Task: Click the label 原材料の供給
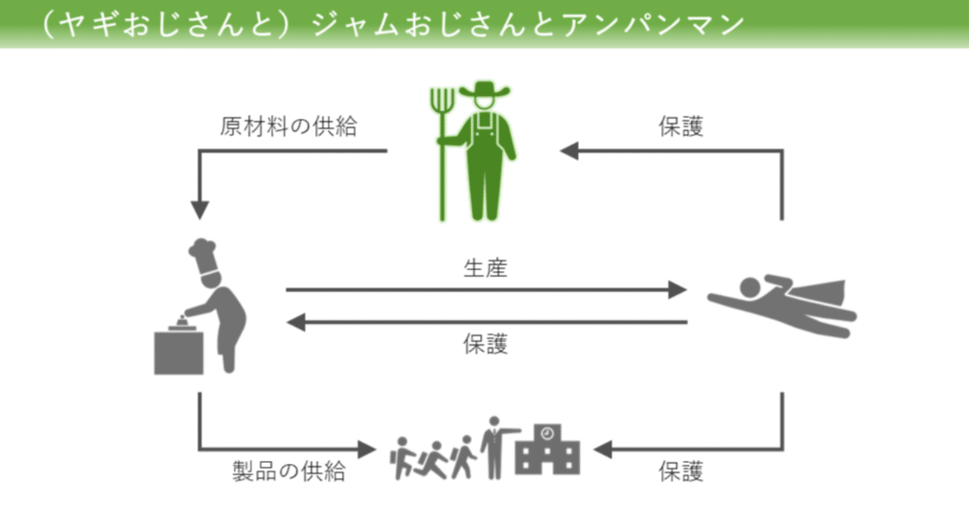288,126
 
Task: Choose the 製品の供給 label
288,472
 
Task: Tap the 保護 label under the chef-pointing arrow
485,344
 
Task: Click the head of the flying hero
749,288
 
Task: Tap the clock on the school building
546,432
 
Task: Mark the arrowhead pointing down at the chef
200,210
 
